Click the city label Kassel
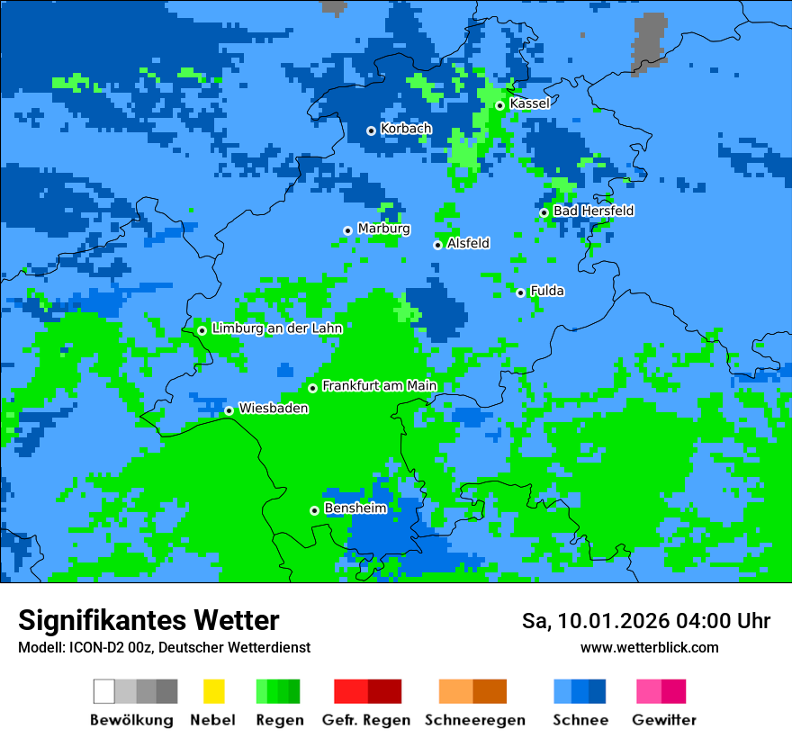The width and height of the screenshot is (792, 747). (x=529, y=103)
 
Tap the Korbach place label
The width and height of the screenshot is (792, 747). (x=406, y=129)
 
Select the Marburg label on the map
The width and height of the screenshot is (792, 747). (x=383, y=229)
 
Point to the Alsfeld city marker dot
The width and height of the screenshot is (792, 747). (x=437, y=245)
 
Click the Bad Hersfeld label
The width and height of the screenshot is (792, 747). (x=593, y=211)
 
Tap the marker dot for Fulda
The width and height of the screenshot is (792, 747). (x=520, y=292)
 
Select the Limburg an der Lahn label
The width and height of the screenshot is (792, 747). (x=276, y=328)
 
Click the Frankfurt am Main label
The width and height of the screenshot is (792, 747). (x=379, y=386)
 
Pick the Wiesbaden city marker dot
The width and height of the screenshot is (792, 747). (x=229, y=410)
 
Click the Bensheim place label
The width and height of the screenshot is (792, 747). (x=355, y=508)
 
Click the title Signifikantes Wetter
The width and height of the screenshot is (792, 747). (x=148, y=621)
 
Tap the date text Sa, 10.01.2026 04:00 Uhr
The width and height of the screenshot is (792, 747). (x=645, y=621)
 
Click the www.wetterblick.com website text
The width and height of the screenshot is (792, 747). (x=649, y=648)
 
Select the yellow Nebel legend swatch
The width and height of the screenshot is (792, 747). (x=213, y=691)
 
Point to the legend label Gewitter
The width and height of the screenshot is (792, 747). (x=663, y=720)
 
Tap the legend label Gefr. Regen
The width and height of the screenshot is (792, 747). (x=366, y=720)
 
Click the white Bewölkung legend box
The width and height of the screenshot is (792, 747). (x=104, y=691)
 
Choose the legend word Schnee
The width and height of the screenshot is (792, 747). (x=580, y=720)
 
